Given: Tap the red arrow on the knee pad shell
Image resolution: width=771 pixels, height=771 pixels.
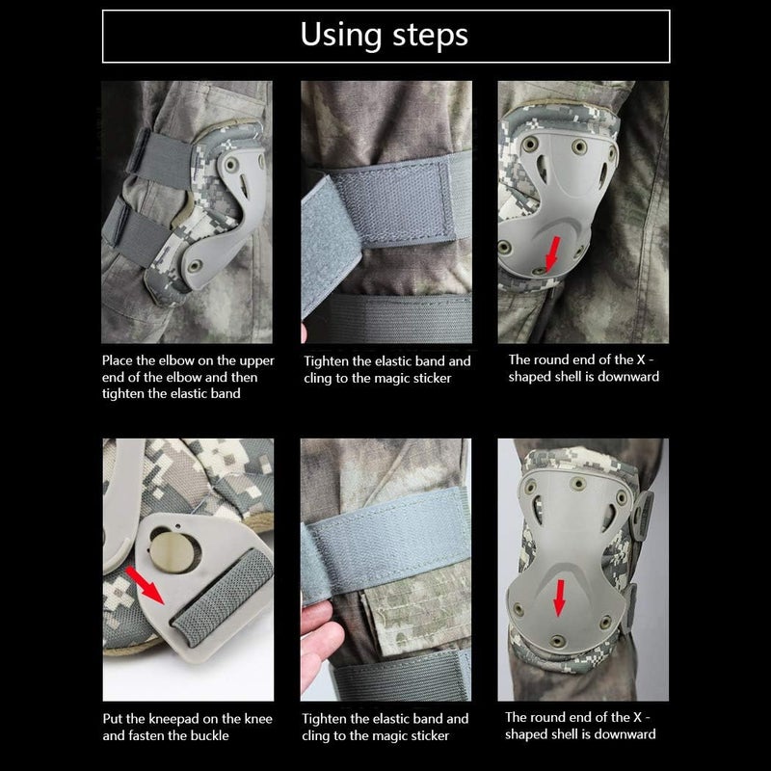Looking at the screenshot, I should (558, 600).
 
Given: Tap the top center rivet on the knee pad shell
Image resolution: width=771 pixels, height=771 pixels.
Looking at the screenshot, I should (581, 483).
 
